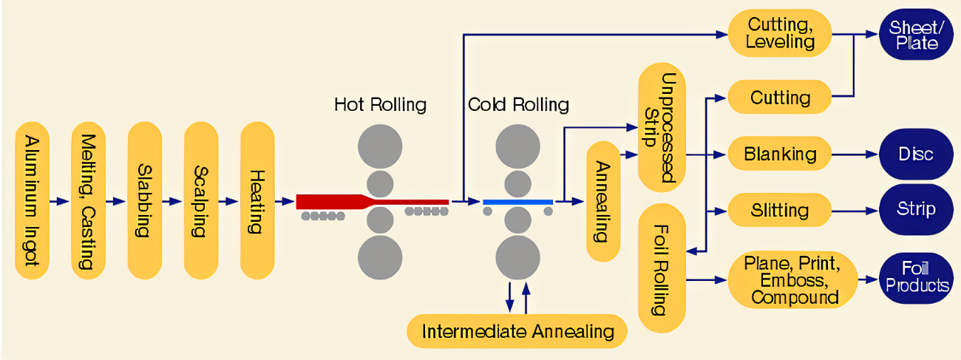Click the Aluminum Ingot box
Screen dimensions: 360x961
pos(33,201)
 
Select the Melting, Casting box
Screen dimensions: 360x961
pos(89,201)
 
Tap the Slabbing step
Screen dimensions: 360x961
pos(145,200)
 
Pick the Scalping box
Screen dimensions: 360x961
pos(201,200)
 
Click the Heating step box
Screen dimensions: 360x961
pos(257,200)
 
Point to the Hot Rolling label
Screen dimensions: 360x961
pos(380,104)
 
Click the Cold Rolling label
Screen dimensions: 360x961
pos(518,104)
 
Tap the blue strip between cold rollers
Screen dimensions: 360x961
pos(517,201)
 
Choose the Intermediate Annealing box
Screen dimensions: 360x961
pos(517,330)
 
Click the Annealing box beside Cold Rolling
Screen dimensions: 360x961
pos(603,201)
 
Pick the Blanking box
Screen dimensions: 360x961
pos(780,154)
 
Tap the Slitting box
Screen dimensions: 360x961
pos(780,210)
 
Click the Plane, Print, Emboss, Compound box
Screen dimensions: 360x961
pos(791,279)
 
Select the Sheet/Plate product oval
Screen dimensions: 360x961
pos(915,35)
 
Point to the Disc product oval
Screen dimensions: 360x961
pos(915,154)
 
